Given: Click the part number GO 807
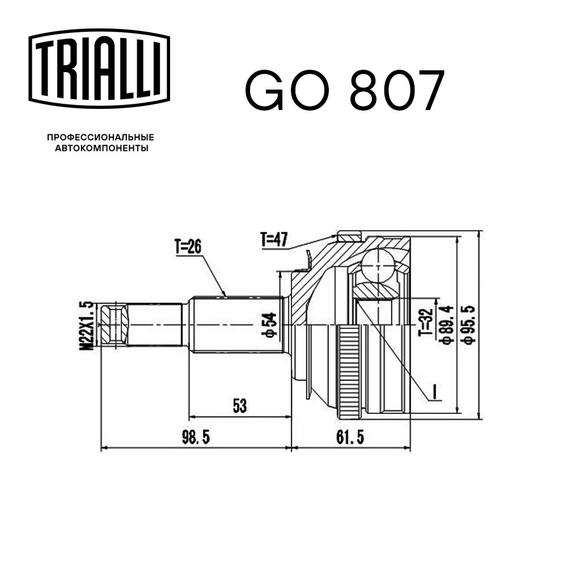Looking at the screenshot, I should [x=342, y=91].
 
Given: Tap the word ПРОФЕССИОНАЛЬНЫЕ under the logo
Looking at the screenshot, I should [x=100, y=137].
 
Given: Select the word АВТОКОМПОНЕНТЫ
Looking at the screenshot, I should [x=100, y=149].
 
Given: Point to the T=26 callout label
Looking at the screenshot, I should [x=189, y=247].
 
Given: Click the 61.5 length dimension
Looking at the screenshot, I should [x=349, y=437].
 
